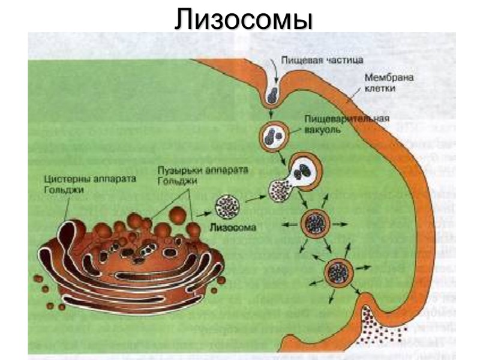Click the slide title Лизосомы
click(244, 19)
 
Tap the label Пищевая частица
click(310, 62)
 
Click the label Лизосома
click(233, 228)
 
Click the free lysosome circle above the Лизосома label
click(227, 206)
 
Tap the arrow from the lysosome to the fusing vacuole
click(254, 196)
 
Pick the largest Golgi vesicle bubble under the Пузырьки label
click(178, 214)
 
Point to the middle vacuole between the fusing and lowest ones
click(314, 223)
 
